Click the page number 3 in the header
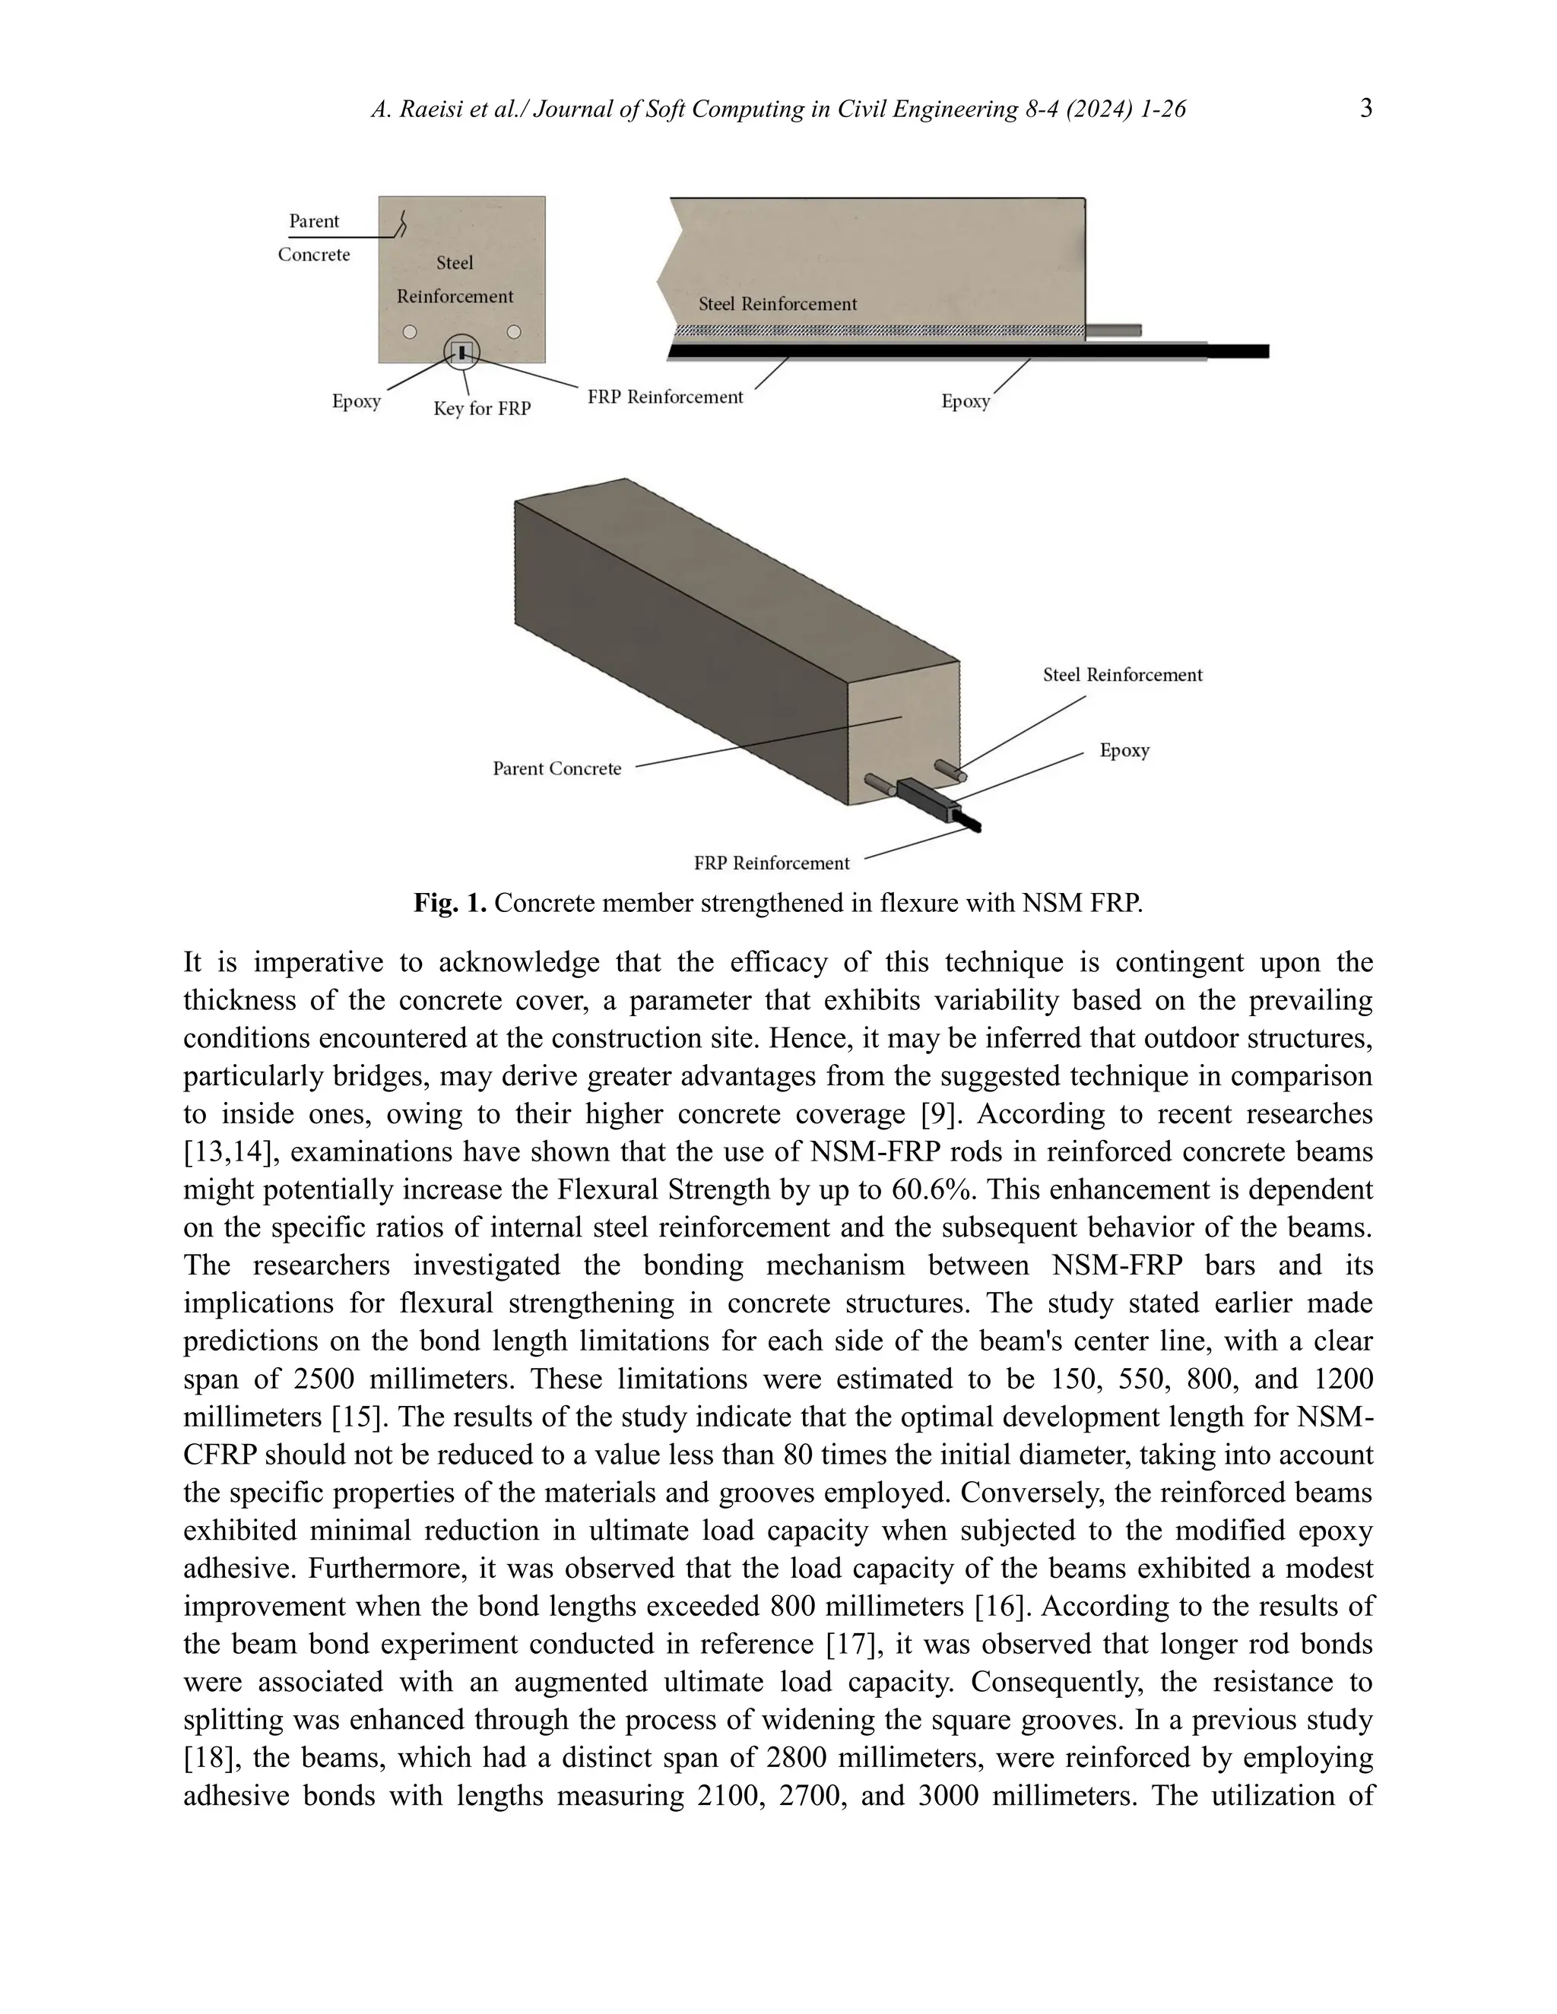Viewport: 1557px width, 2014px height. pos(1366,109)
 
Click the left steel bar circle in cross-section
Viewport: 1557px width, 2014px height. pos(410,332)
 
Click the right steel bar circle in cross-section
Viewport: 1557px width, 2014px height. pos(515,332)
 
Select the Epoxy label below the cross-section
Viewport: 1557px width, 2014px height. pos(356,402)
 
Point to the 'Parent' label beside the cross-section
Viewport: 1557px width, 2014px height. pos(314,221)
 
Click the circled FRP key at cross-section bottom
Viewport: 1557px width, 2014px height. pos(462,351)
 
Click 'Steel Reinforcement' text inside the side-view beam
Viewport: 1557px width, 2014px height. pos(778,304)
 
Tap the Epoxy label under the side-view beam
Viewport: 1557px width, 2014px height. pos(965,401)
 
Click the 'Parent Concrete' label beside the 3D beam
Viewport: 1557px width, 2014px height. pos(557,769)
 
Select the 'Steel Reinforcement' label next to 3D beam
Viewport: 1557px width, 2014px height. pos(1123,675)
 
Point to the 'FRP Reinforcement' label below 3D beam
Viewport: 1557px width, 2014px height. pos(771,864)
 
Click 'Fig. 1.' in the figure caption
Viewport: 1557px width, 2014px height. pos(450,903)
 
